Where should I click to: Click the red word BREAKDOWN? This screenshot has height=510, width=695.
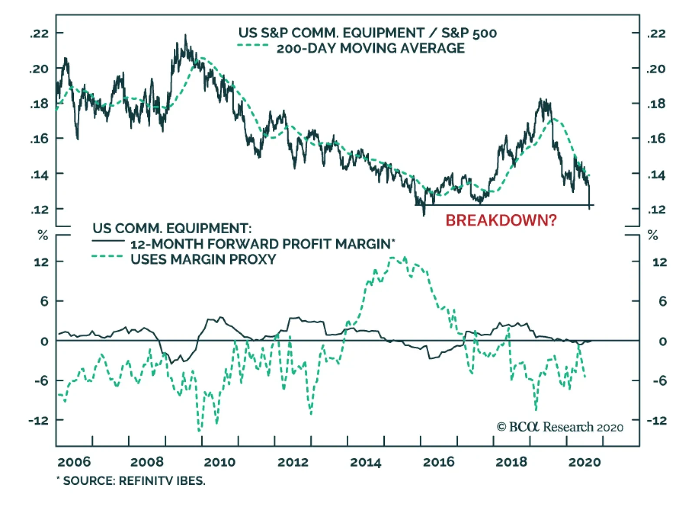point(501,221)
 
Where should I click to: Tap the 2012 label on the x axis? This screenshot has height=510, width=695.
point(293,462)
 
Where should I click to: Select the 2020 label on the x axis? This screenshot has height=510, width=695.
point(584,462)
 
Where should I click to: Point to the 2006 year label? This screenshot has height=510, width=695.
point(74,462)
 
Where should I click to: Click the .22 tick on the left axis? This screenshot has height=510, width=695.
point(40,33)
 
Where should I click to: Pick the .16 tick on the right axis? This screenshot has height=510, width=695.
point(656,139)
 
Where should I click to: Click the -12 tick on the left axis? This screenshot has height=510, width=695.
point(39,421)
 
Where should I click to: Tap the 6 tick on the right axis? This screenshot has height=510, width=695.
point(662,301)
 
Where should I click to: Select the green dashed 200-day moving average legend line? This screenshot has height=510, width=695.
point(253,46)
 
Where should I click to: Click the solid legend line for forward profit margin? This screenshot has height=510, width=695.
point(108,241)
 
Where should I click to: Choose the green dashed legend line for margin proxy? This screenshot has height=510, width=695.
point(108,256)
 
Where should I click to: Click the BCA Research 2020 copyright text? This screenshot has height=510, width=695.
point(560,427)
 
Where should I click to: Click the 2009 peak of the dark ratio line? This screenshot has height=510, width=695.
point(185,36)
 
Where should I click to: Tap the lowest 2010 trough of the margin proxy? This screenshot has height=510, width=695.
point(199,431)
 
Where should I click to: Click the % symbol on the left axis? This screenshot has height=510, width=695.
point(43,236)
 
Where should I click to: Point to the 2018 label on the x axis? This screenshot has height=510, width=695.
point(511,462)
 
